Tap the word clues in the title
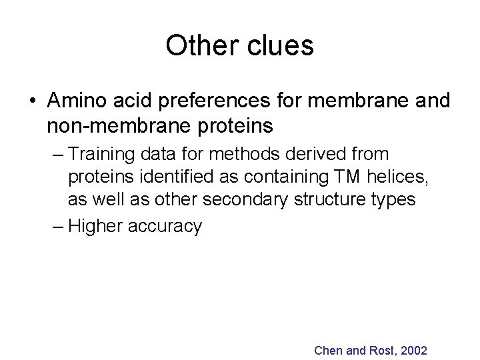coord(281,45)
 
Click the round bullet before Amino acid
coord(33,101)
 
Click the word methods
coord(238,156)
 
